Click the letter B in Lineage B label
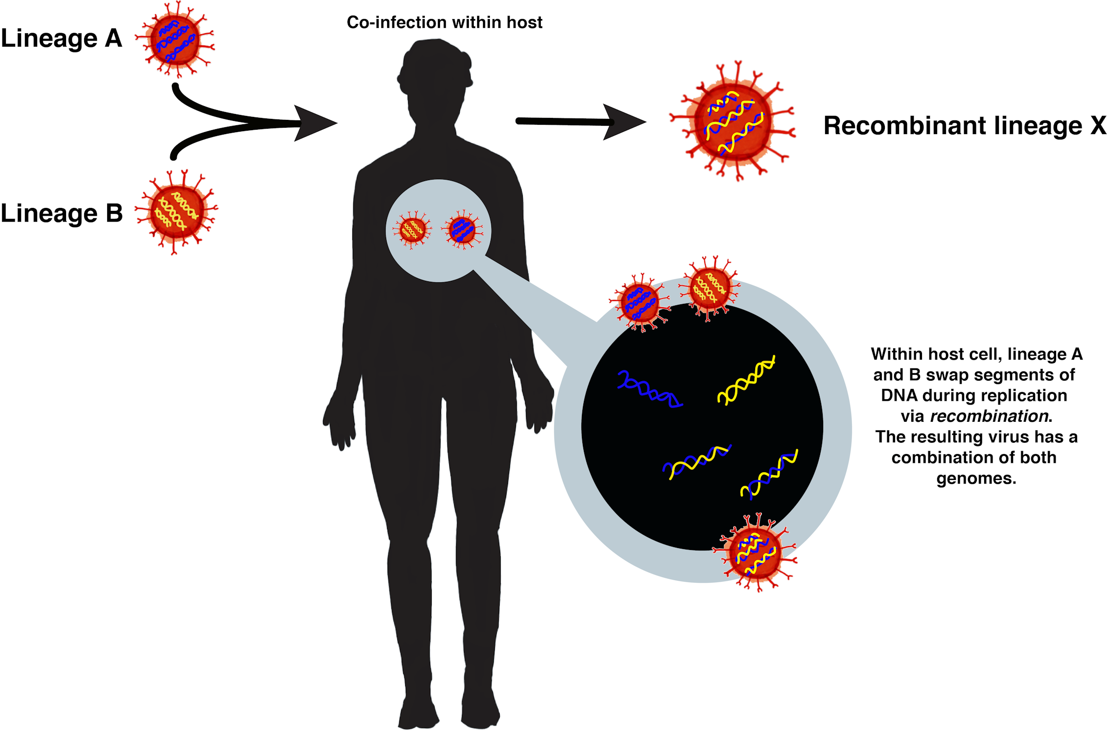coord(114,213)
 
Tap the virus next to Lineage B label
coord(177,212)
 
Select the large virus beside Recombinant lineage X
coord(733,122)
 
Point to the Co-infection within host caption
coord(444,23)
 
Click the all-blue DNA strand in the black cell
coord(648,390)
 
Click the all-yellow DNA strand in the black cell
coord(746,380)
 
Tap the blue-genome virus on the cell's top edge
coord(639,303)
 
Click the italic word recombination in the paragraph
coord(989,416)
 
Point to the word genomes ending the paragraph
coord(976,478)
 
